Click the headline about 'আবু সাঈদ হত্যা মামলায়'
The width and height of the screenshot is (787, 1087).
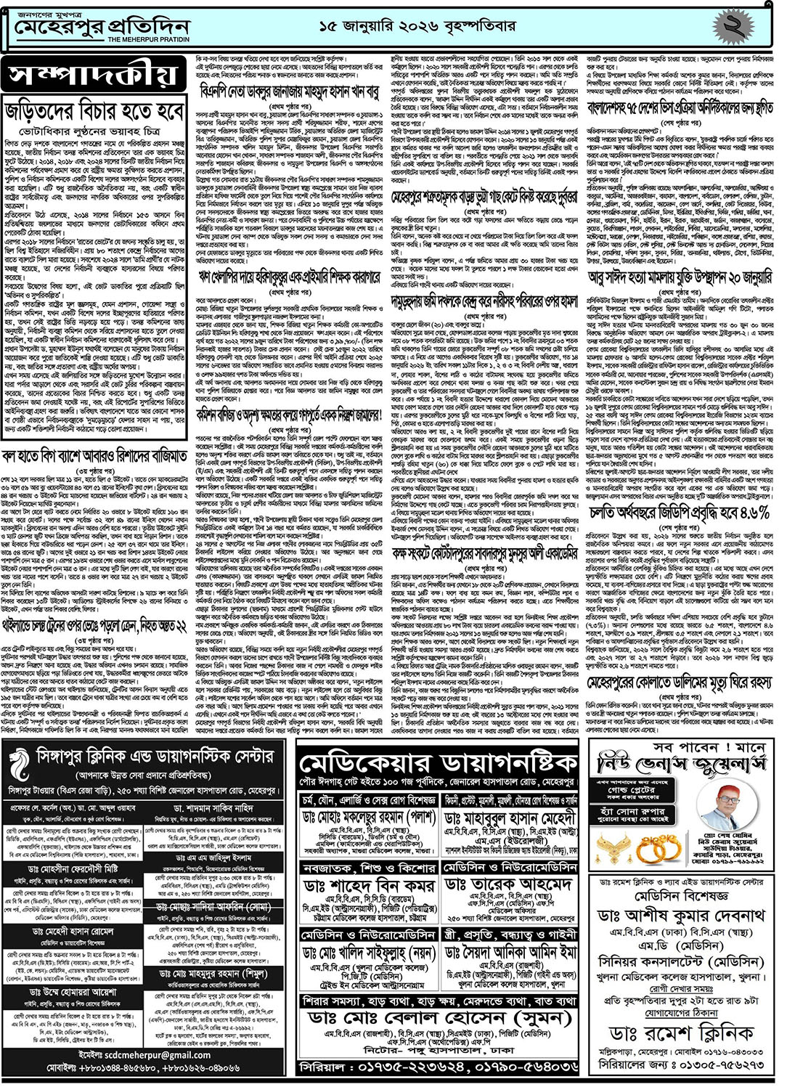point(680,278)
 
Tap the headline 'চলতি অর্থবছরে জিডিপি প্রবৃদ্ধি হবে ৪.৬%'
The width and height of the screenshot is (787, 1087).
point(680,513)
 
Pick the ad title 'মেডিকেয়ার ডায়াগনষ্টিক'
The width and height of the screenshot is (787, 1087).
point(438,763)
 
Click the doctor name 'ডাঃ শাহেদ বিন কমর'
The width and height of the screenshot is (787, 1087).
point(369,886)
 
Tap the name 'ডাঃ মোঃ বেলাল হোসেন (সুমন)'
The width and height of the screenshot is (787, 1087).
point(438,1017)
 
